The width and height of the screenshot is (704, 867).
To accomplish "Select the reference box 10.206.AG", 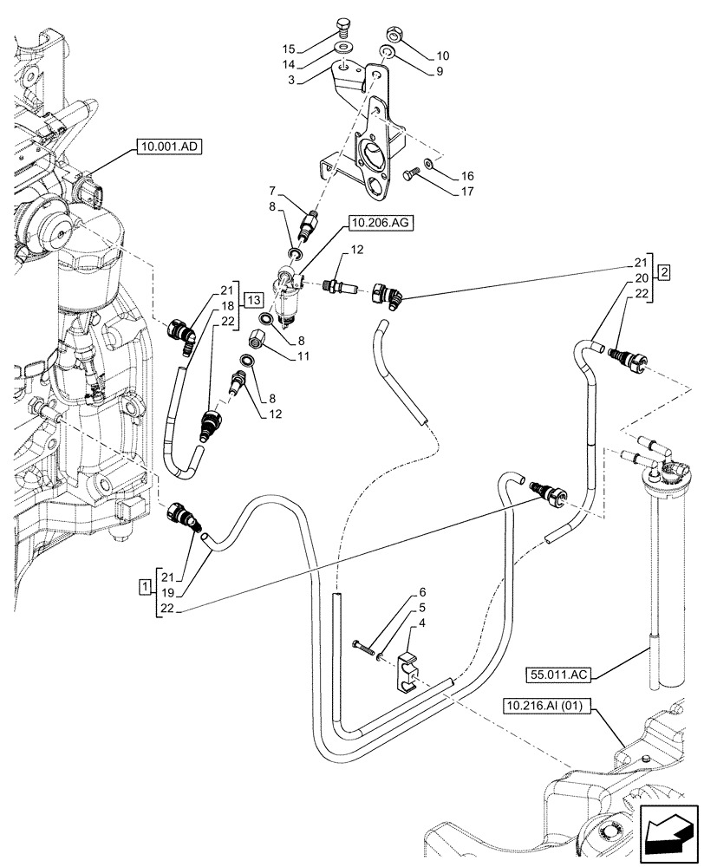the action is pos(381,223).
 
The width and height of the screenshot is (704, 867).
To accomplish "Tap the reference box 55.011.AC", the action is pos(557,675).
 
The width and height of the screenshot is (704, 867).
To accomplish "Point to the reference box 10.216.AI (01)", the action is pos(547,706).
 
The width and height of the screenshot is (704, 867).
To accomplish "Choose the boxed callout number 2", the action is pos(664,272).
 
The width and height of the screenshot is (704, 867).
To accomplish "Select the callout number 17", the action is pos(467,192).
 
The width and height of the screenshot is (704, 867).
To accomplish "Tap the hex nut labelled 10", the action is pos(394,35).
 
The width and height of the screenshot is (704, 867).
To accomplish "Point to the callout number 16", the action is pos(467,176).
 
